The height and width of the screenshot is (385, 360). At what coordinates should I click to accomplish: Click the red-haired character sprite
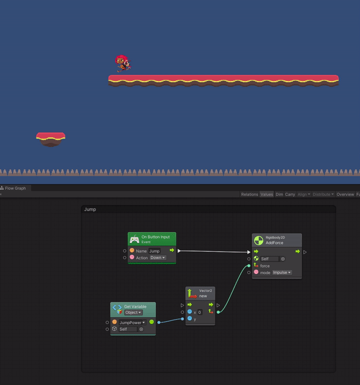pos(122,62)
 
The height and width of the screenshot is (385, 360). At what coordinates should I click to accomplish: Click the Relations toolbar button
pos(249,194)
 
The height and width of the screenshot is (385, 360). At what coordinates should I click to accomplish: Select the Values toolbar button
pos(266,194)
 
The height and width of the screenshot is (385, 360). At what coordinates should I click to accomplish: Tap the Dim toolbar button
pos(279,194)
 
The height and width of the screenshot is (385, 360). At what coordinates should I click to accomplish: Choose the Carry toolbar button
pos(290,194)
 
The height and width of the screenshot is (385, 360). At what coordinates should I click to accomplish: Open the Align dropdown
pos(304,194)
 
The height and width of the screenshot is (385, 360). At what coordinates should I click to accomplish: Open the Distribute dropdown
pos(323,194)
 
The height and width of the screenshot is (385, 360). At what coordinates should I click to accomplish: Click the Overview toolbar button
pos(345,194)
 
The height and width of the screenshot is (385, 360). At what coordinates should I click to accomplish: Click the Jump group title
pos(90,209)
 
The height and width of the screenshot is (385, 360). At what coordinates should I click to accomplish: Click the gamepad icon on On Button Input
pos(134,239)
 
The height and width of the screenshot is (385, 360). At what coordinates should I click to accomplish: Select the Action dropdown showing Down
pos(158,258)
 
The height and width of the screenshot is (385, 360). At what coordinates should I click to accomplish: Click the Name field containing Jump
pos(155,251)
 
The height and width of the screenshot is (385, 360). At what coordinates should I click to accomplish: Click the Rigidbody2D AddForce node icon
pos(257,240)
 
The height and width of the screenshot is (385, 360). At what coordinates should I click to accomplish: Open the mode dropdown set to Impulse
pos(281,272)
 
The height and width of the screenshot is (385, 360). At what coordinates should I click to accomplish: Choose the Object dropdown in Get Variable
pos(133,312)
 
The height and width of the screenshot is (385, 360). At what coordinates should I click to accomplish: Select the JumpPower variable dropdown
pos(132,322)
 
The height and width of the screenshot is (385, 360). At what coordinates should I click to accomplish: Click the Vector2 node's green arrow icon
pos(190,294)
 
